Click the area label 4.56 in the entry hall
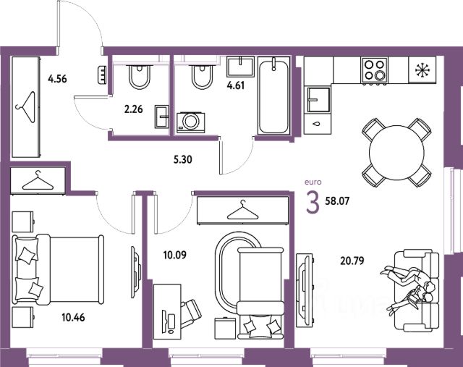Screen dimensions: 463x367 (x=57, y=79)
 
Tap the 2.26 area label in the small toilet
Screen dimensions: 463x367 (x=133, y=109)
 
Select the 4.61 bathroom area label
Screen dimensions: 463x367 (x=236, y=85)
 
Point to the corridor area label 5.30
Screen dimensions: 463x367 (x=183, y=159)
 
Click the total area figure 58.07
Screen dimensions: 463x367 (x=337, y=201)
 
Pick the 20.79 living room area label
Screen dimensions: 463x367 (x=352, y=261)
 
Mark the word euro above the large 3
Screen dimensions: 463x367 (x=313, y=182)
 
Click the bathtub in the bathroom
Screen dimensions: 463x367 (x=273, y=96)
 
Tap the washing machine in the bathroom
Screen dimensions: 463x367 (x=191, y=122)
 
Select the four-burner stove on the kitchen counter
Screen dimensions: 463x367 (x=374, y=70)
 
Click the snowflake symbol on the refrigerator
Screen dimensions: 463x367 (x=422, y=70)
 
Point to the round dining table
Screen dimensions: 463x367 (x=396, y=153)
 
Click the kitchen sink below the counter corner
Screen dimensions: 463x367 (x=318, y=100)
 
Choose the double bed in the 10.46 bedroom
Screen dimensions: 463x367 (x=58, y=269)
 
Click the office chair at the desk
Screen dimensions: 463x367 (x=190, y=313)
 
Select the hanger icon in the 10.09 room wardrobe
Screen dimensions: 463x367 (x=242, y=210)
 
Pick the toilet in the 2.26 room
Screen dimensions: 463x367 (x=140, y=77)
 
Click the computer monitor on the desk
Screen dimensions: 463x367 (x=163, y=321)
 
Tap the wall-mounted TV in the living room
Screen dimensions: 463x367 (x=304, y=291)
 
